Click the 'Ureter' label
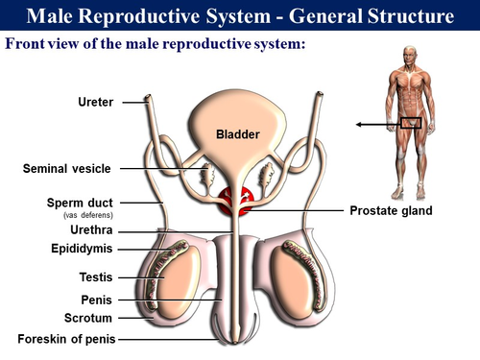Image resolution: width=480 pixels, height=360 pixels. click(x=97, y=101)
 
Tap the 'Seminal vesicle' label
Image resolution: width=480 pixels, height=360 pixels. click(x=66, y=169)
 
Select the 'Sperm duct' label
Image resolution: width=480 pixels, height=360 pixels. click(x=79, y=203)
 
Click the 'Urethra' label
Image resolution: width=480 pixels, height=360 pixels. click(x=91, y=230)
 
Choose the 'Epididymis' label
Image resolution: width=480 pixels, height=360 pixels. click(x=82, y=249)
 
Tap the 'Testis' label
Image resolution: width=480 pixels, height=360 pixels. click(x=96, y=276)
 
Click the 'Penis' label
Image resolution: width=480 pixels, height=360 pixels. click(x=98, y=300)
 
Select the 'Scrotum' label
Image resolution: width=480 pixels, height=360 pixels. click(x=90, y=318)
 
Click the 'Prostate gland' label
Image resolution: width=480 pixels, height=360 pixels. click(x=391, y=210)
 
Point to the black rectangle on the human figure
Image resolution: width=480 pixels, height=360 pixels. click(x=411, y=123)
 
